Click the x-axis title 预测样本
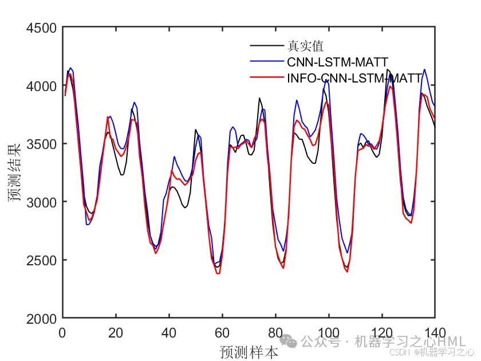click(249, 351)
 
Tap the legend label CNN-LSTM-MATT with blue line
click(337, 61)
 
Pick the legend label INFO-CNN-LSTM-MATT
click(354, 78)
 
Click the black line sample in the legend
click(267, 46)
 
